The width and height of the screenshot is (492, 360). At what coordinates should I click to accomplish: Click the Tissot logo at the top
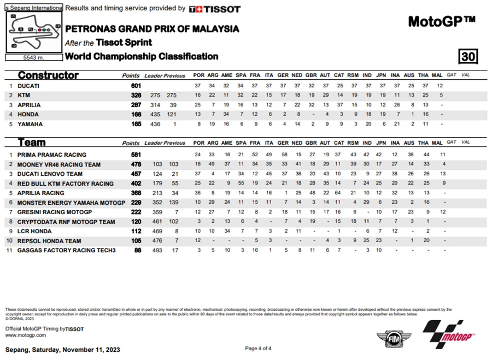pyautogui.click(x=214, y=9)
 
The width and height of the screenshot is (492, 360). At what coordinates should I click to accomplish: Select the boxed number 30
pyautogui.click(x=468, y=57)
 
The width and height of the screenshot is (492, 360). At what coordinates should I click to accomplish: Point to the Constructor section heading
pyautogui.click(x=48, y=75)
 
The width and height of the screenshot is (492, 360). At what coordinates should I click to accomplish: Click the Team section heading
pyautogui.click(x=32, y=143)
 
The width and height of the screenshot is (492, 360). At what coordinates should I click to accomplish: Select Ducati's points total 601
pyautogui.click(x=136, y=86)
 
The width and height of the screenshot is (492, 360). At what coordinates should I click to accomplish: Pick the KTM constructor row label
pyautogui.click(x=24, y=96)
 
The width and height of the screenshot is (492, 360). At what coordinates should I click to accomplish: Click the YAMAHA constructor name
pyautogui.click(x=29, y=125)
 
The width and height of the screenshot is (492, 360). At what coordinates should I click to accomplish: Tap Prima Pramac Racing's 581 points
pyautogui.click(x=136, y=155)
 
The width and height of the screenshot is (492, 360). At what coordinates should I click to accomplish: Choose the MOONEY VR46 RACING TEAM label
pyautogui.click(x=58, y=164)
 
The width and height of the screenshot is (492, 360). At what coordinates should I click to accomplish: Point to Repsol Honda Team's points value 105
pyautogui.click(x=136, y=241)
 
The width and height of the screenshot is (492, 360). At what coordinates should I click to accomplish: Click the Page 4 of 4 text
pyautogui.click(x=258, y=349)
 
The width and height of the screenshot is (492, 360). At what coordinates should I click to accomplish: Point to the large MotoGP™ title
pyautogui.click(x=442, y=21)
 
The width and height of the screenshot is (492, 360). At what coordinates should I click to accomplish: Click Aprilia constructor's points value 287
pyautogui.click(x=136, y=105)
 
